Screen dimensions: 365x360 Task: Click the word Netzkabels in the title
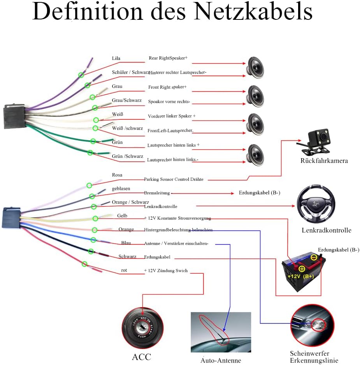click(x=253, y=12)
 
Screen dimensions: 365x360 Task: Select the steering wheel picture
click(x=316, y=204)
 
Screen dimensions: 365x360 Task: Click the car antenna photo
click(x=221, y=332)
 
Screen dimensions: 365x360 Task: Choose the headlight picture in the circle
click(x=313, y=324)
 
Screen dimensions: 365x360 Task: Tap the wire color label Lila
click(x=116, y=58)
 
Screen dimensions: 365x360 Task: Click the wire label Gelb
click(x=122, y=216)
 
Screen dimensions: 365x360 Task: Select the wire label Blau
click(x=126, y=243)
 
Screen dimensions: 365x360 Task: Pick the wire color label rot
click(x=124, y=270)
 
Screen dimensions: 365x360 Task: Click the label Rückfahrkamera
click(x=324, y=161)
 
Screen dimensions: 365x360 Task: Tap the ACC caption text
click(x=141, y=357)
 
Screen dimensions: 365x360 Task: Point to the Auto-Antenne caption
click(x=221, y=360)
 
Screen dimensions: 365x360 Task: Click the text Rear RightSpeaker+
click(x=168, y=58)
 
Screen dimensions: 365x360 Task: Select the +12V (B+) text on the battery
click(x=300, y=276)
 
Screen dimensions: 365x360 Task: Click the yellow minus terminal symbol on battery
click(x=314, y=257)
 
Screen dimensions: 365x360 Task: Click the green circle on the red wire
click(x=84, y=264)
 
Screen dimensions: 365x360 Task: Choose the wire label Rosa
click(x=117, y=175)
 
